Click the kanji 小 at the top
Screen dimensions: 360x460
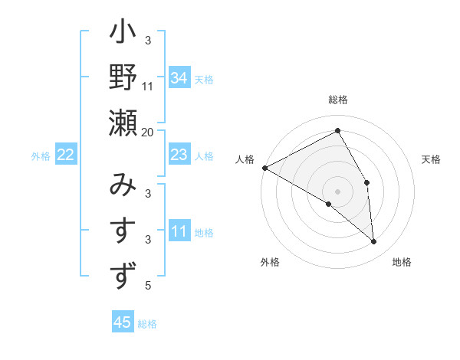point(123,35)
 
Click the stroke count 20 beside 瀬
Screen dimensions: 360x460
point(148,132)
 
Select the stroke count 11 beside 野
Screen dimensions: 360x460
point(148,86)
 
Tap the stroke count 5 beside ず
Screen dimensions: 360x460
point(148,286)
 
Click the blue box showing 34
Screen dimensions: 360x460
point(179,77)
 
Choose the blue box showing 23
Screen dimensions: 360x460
point(179,155)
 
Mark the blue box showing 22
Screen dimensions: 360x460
point(66,155)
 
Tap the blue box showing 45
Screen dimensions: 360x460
point(123,322)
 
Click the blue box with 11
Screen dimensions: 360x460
point(179,231)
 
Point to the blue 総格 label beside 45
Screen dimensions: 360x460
point(148,324)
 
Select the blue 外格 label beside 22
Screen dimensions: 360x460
point(41,156)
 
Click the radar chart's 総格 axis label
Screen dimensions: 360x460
point(337,100)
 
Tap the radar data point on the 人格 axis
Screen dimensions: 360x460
point(264,167)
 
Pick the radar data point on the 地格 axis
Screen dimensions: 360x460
point(373,241)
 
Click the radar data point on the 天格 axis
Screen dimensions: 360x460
point(366,182)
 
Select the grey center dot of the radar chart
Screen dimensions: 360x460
point(337,190)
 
